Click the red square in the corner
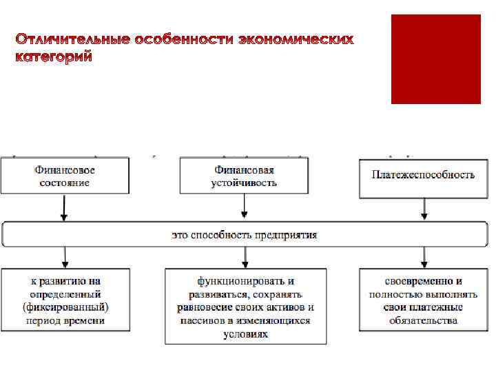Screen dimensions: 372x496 [x=435, y=59]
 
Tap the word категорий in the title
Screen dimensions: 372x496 [x=53, y=58]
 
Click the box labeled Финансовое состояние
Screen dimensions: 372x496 [x=64, y=176]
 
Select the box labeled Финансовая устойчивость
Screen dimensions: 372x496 [x=244, y=176]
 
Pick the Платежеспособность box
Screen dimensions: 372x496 [x=423, y=175]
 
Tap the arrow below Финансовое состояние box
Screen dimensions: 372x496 [x=64, y=207]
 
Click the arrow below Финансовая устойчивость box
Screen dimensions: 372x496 [x=245, y=207]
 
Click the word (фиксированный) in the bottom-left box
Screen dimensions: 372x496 [x=65, y=307]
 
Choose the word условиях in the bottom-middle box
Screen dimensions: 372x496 [x=245, y=333]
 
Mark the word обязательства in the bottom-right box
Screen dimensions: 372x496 [x=423, y=320]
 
